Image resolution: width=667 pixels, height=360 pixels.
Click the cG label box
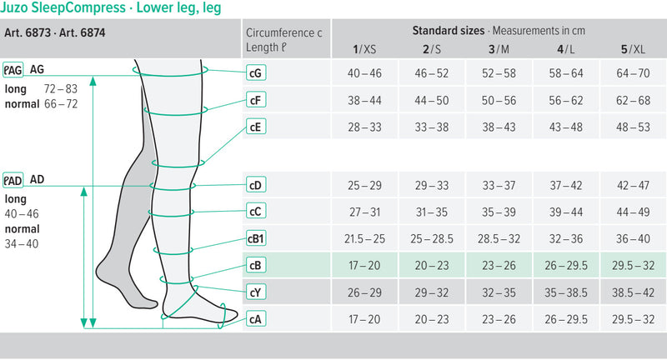pos(256,73)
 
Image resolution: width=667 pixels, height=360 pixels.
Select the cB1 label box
pos(256,239)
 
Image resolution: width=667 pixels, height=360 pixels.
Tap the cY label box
pos(256,292)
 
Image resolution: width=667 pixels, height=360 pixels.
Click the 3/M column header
pos(499,49)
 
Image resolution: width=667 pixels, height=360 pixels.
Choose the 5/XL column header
pos(633,49)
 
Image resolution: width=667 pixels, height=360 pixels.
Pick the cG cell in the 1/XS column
pos(364,73)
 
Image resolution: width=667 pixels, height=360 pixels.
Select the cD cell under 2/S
pos(431,185)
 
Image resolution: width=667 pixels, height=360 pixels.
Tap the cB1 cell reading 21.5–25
pos(364,239)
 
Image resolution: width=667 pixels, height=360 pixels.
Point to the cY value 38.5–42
pos(633,292)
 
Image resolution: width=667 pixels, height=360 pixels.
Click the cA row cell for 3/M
pos(499,318)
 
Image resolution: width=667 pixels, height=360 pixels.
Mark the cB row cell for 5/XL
pos(633,266)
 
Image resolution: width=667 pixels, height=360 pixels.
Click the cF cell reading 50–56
pos(499,100)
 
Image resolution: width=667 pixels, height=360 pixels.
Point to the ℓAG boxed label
pos(13,69)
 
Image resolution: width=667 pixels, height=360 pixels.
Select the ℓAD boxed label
pos(13,179)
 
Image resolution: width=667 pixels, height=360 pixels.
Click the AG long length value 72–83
pos(60,88)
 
